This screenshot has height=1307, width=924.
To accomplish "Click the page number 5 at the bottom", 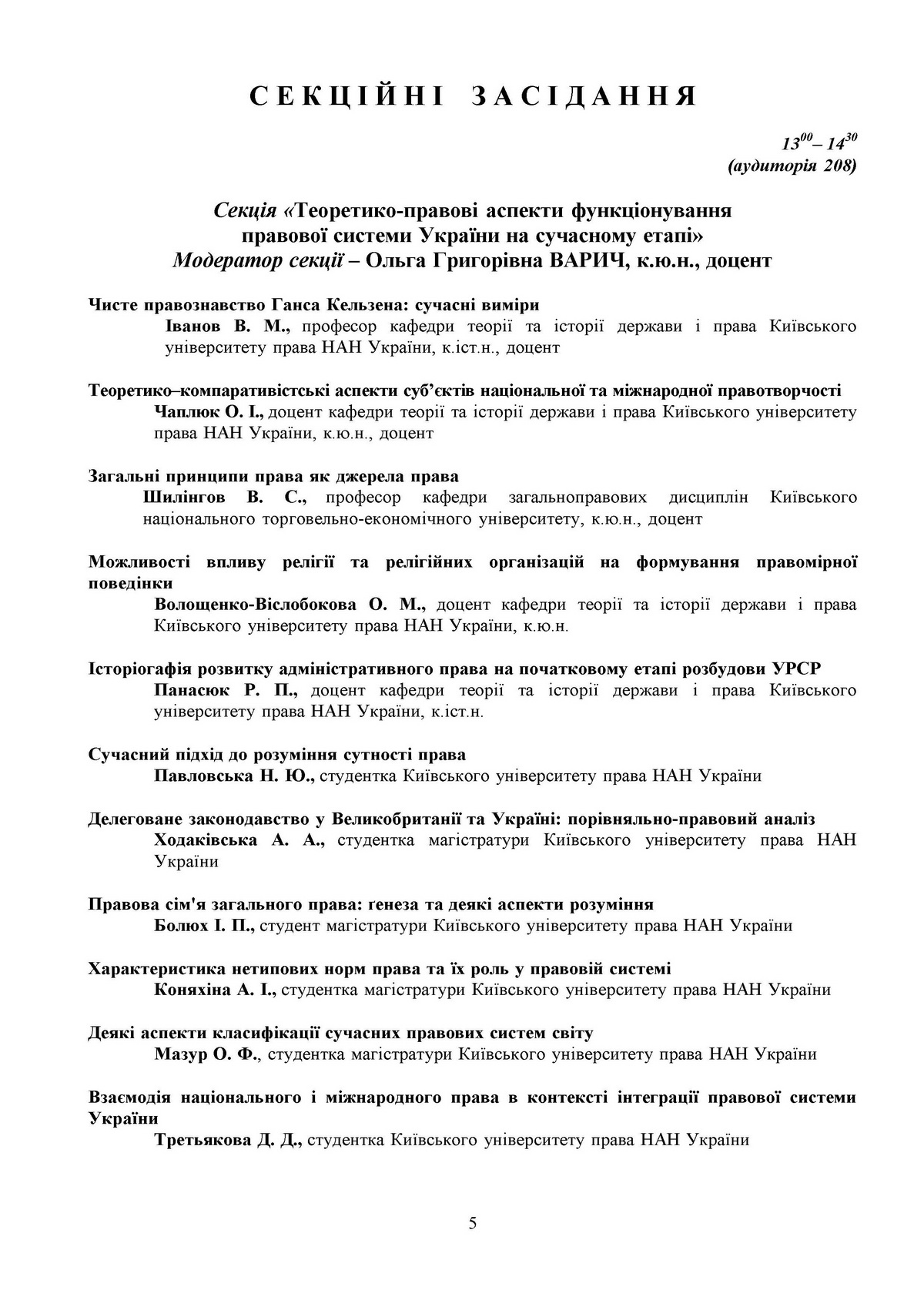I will click(x=472, y=1222).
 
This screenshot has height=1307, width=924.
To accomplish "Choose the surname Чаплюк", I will click(x=188, y=412).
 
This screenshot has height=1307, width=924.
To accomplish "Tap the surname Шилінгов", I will click(x=185, y=498).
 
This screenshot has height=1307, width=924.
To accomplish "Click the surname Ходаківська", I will click(x=206, y=839).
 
